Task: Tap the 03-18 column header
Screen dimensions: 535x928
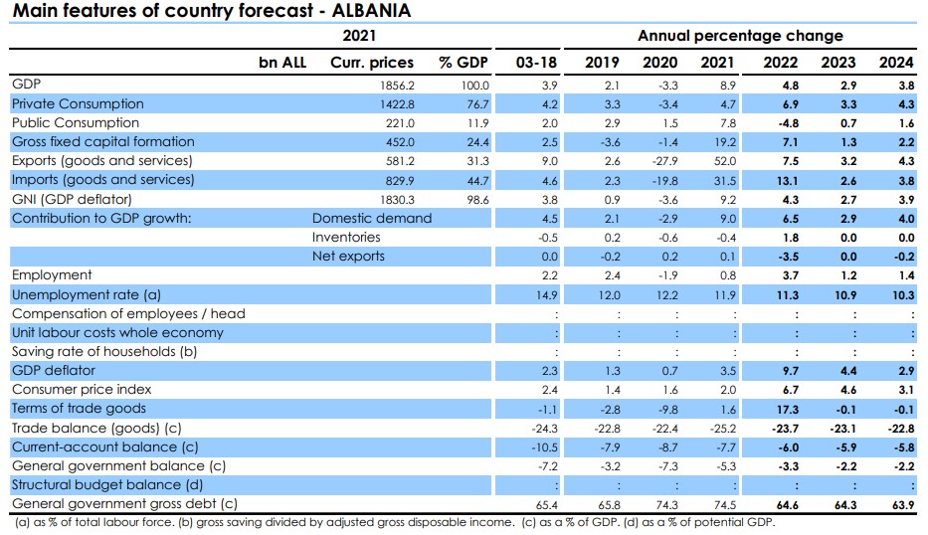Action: click(537, 62)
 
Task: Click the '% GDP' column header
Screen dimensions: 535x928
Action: click(464, 62)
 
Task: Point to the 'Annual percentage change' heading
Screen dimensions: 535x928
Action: click(740, 36)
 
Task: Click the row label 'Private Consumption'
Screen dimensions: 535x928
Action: click(78, 103)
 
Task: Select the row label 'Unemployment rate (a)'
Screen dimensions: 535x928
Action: click(86, 294)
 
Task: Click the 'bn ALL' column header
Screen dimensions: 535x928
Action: click(282, 62)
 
